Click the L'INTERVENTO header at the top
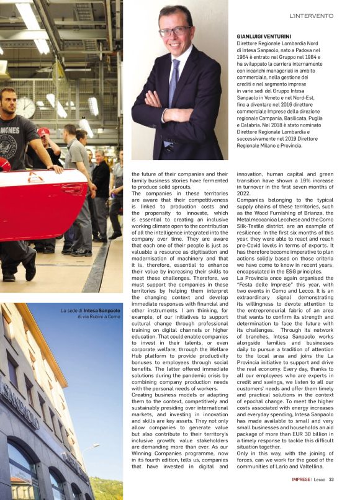pyautogui.click(x=311, y=16)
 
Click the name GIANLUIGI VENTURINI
pyautogui.click(x=268, y=37)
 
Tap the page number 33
pyautogui.click(x=331, y=479)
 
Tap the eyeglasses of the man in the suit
pyautogui.click(x=174, y=30)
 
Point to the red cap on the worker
pyautogui.click(x=43, y=132)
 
